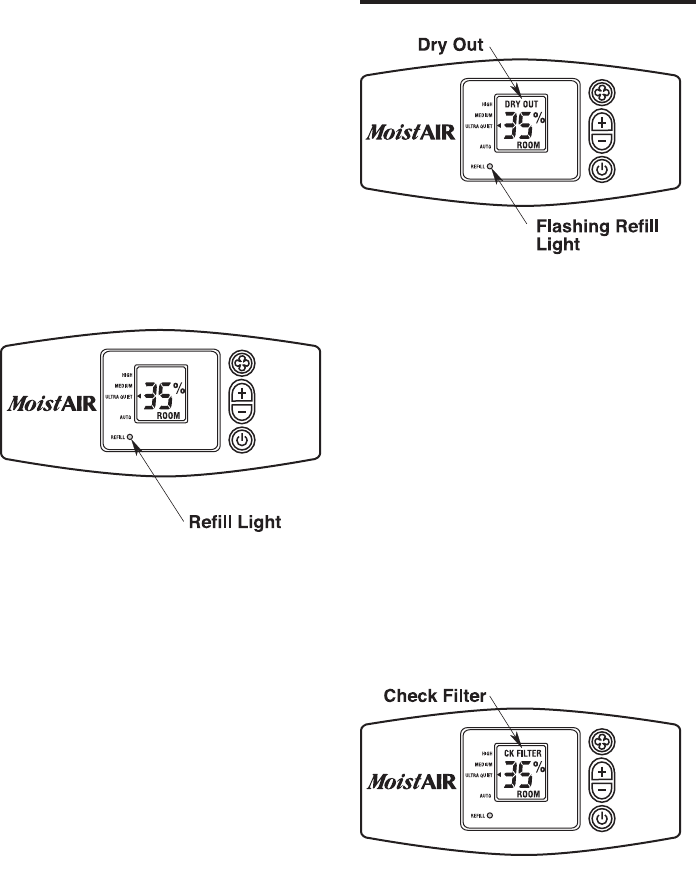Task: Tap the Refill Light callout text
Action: (x=241, y=522)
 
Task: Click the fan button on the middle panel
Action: (x=243, y=364)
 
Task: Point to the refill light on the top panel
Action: (x=490, y=168)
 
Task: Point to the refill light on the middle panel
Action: (x=130, y=438)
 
